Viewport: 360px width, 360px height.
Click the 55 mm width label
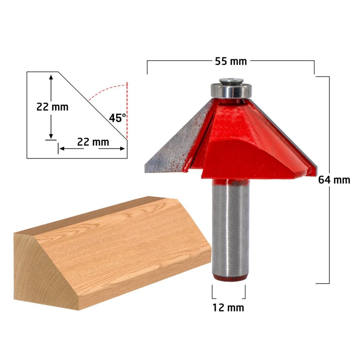click(231, 61)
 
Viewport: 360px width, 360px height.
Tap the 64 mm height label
click(334, 180)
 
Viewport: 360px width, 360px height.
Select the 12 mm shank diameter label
click(228, 308)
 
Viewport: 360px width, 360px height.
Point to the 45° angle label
click(117, 118)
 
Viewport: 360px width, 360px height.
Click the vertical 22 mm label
click(52, 107)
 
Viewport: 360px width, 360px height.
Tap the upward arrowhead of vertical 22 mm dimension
click(51, 77)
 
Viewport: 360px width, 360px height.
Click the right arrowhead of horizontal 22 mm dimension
click(123, 148)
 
